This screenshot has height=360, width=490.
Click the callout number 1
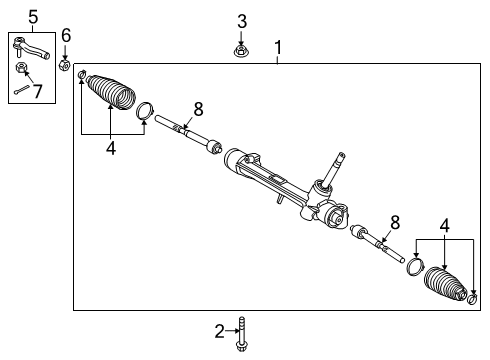click(278, 47)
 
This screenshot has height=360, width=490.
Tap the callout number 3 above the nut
click(241, 21)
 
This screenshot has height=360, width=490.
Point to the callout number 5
click(32, 16)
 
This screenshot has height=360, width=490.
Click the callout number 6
click(66, 36)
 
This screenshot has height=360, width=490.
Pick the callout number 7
click(39, 92)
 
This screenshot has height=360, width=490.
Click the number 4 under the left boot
click(110, 147)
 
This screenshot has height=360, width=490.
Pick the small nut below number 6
click(65, 66)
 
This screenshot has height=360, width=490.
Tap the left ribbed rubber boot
click(113, 95)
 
